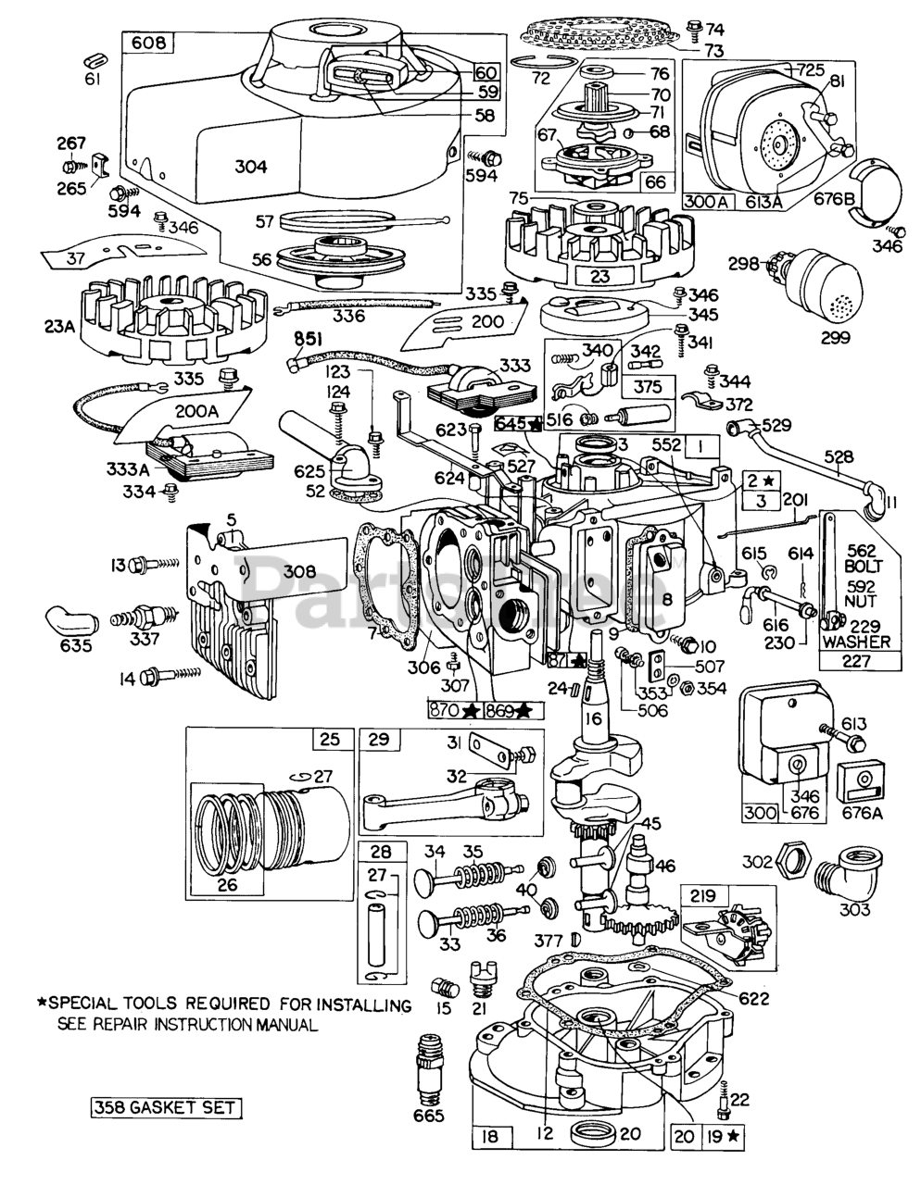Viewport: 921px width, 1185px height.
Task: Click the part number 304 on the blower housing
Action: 251,167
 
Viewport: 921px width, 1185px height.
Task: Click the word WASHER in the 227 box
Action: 860,641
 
